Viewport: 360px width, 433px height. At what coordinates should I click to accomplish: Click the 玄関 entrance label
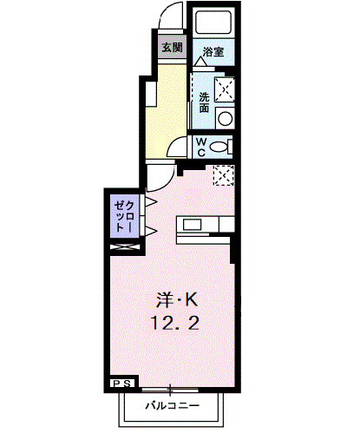coord(170,48)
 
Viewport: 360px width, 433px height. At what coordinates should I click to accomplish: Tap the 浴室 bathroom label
coord(213,52)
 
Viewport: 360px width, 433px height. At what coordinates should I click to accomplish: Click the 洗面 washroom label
coord(204,102)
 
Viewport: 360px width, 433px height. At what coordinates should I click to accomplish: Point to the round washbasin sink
coord(225,119)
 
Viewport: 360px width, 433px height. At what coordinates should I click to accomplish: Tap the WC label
coord(200,147)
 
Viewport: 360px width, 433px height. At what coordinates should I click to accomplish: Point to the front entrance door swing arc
coord(172,19)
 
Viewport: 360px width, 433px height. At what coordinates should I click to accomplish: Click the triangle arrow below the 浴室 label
coord(200,62)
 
